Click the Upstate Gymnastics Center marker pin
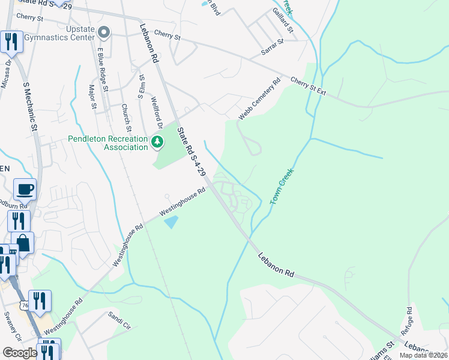(x=104, y=32)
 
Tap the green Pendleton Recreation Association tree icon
(x=157, y=142)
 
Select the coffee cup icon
(x=25, y=190)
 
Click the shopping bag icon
(x=22, y=243)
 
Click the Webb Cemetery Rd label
(x=259, y=99)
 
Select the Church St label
(x=125, y=117)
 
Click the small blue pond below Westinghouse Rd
(x=171, y=222)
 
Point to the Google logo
(x=20, y=353)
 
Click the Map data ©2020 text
(x=423, y=355)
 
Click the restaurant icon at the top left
(x=11, y=41)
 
